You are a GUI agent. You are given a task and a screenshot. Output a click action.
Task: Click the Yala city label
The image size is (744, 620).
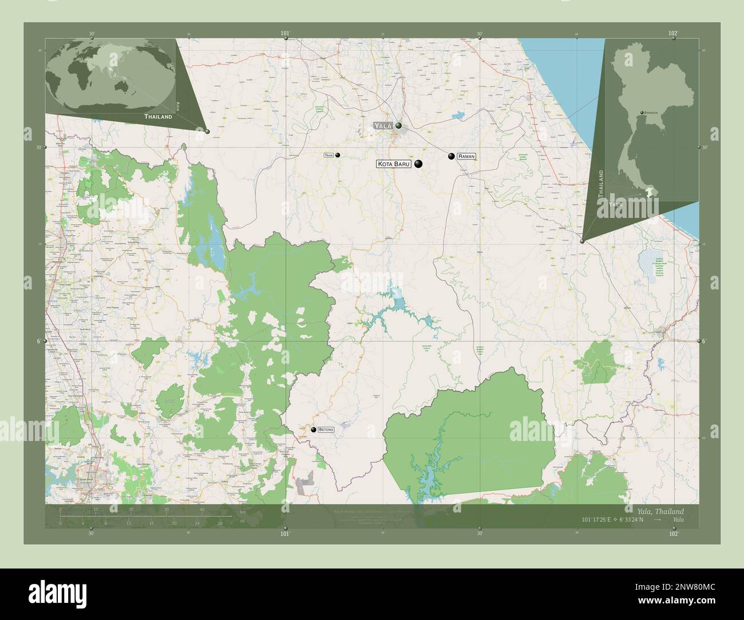(383, 125)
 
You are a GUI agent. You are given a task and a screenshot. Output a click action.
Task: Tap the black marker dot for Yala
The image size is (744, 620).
(398, 125)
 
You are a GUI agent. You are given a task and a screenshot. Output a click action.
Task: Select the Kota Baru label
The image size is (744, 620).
(394, 164)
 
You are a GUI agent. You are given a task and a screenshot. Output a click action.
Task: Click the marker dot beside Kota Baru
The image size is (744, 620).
(418, 164)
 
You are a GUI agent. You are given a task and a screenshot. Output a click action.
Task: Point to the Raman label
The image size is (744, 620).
(466, 156)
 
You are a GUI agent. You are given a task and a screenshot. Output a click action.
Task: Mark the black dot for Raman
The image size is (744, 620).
(452, 156)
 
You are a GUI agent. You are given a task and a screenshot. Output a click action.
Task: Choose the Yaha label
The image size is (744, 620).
(329, 155)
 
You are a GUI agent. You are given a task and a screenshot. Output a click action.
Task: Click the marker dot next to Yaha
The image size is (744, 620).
(338, 155)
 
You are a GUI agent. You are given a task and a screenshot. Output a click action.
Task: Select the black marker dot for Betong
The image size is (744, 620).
(314, 430)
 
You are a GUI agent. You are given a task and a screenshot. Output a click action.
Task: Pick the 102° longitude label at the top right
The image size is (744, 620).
(673, 34)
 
